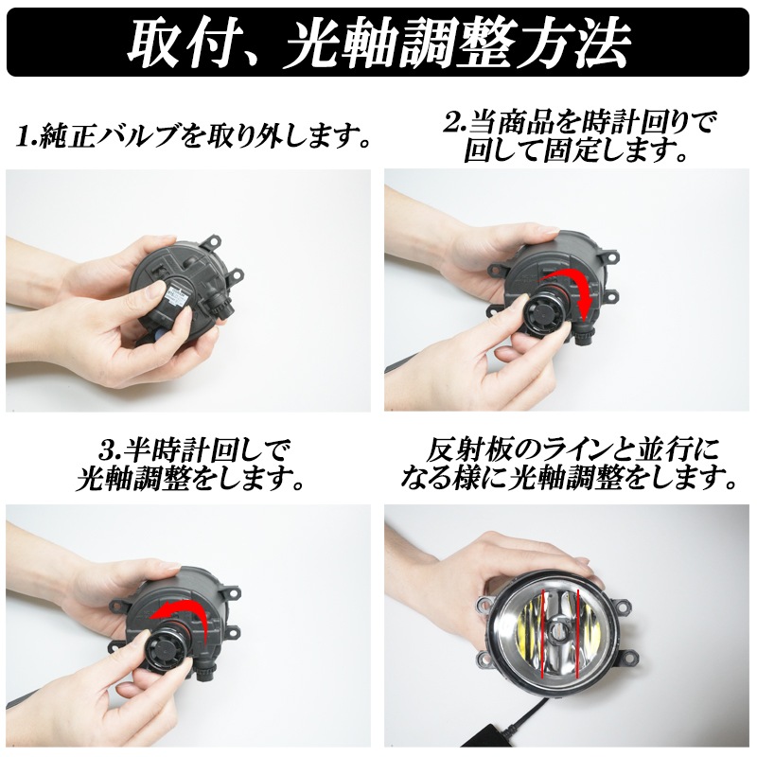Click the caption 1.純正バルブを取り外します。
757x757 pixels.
point(193,136)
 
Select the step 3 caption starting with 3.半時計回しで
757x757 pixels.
point(190,465)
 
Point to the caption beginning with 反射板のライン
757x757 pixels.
point(569,465)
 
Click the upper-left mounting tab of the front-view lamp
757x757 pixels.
point(484,605)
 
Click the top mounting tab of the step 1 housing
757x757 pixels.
point(214,241)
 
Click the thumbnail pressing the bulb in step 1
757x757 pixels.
point(155,289)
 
